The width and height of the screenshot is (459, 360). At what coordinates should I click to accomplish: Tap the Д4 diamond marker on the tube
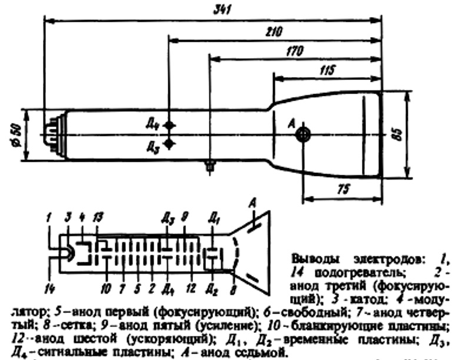[169, 125]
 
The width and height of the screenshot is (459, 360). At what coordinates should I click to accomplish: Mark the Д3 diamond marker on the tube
[169, 144]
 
